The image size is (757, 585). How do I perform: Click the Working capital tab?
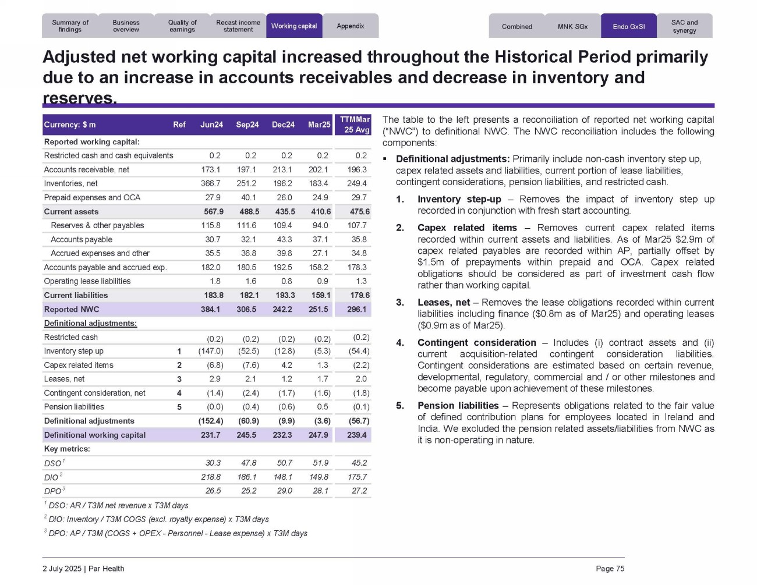pyautogui.click(x=294, y=26)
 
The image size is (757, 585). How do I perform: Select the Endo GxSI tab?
pyautogui.click(x=628, y=26)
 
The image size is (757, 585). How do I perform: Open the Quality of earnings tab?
pyautogui.click(x=182, y=26)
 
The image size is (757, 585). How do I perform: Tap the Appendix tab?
pyautogui.click(x=351, y=26)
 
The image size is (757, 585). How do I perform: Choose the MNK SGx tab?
pyautogui.click(x=572, y=26)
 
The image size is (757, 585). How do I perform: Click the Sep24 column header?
pyautogui.click(x=247, y=125)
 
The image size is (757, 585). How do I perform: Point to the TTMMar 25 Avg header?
pyautogui.click(x=354, y=125)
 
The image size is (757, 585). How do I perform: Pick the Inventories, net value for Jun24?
pyautogui.click(x=211, y=183)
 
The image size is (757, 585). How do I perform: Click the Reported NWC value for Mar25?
pyautogui.click(x=319, y=309)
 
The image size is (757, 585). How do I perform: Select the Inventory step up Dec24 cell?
pyautogui.click(x=283, y=351)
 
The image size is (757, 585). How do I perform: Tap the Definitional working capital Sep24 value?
pyautogui.click(x=247, y=435)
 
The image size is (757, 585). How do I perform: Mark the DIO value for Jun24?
pyautogui.click(x=210, y=477)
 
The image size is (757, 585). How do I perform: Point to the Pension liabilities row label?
pyautogui.click(x=74, y=407)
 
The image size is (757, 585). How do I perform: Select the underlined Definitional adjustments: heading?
pyautogui.click(x=90, y=323)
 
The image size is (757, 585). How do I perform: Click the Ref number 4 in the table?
pyautogui.click(x=179, y=393)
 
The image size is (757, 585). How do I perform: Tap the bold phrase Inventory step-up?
pyautogui.click(x=459, y=199)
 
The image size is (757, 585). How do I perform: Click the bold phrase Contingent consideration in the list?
pyautogui.click(x=476, y=342)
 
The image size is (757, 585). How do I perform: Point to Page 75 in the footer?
pyautogui.click(x=610, y=569)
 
